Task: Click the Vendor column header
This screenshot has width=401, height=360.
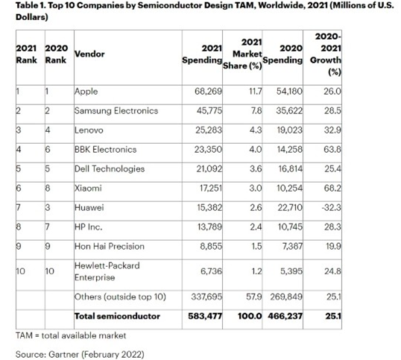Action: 89,54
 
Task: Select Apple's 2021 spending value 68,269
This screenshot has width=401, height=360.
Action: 208,91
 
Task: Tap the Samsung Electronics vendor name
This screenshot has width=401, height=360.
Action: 116,111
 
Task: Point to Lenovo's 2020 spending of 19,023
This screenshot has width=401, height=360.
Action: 289,130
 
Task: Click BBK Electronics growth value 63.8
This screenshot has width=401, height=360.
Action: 332,149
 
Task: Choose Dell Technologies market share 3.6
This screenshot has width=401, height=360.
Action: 256,168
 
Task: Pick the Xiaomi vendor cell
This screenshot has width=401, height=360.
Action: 88,188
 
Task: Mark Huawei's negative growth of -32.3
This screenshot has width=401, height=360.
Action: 332,207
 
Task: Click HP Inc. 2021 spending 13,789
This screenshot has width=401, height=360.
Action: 209,227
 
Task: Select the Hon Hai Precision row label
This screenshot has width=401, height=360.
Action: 110,246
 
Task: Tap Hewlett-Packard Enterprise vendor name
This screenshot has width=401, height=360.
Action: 107,271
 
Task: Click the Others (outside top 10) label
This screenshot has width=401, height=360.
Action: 120,297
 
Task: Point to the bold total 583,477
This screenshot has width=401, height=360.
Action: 205,316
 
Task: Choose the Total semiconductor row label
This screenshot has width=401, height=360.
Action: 117,316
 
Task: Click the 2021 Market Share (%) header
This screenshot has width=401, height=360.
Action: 243,54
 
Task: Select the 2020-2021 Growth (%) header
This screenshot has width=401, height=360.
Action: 326,54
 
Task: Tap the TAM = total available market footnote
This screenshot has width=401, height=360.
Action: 71,335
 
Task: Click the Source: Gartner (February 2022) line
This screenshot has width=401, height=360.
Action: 80,355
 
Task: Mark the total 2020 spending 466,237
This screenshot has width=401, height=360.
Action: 285,316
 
